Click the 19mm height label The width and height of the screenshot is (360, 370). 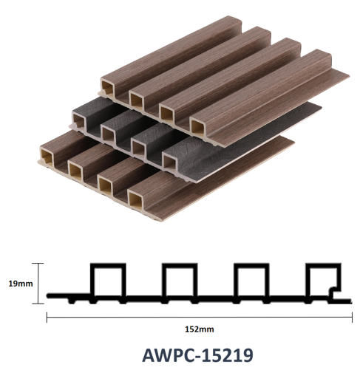pos(21,284)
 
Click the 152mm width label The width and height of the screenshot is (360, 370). pos(200,329)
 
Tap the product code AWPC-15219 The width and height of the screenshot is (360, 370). pos(197,355)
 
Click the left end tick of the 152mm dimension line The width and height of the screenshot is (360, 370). pos(47,317)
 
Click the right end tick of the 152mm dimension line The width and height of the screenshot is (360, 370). pos(352,317)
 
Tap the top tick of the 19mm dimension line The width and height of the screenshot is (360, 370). pos(38,263)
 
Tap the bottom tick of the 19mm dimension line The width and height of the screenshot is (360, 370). pos(38,304)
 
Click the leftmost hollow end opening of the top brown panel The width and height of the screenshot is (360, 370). pos(108,88)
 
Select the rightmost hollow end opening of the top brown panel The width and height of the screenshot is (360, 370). pos(197,128)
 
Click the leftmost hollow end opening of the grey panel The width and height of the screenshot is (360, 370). pos(79,121)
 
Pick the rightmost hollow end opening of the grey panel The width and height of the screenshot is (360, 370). pos(169,162)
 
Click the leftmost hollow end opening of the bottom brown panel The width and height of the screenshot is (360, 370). pos(47,157)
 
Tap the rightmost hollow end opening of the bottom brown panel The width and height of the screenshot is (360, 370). pos(135,200)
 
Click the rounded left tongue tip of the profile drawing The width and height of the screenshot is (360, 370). pos(49,295)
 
